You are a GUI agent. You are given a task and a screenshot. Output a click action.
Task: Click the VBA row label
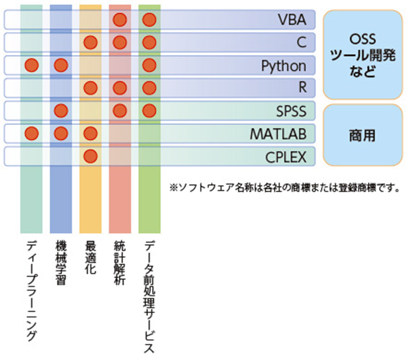(292, 20)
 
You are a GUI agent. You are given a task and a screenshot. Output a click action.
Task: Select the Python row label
(284, 66)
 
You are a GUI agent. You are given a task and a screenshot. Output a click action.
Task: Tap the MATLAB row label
(278, 134)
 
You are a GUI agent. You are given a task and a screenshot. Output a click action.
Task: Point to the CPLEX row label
(286, 157)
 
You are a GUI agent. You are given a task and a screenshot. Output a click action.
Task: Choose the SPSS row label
(291, 111)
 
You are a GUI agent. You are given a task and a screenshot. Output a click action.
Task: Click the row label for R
(303, 87)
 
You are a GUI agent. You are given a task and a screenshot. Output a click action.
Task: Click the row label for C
(302, 42)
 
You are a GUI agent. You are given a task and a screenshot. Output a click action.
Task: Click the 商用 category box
(363, 135)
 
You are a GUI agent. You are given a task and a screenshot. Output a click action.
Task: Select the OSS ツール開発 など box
(363, 55)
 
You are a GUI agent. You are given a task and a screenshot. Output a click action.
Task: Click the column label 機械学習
(61, 263)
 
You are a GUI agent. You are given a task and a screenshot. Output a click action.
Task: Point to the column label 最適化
(90, 257)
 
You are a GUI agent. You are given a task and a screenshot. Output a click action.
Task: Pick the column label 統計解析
(119, 263)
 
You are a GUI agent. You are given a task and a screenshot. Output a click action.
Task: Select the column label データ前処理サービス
(149, 297)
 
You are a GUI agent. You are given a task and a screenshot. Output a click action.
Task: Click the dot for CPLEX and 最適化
(90, 156)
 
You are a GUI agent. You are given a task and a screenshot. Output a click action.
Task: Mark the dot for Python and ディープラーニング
(31, 65)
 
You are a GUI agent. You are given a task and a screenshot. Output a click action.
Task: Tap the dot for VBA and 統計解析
(120, 20)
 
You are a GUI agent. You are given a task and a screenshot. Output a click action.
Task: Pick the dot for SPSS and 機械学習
(61, 111)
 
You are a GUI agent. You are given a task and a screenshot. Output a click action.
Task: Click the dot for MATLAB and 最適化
(90, 133)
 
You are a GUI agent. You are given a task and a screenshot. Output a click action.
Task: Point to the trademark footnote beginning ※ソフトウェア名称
(284, 188)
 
